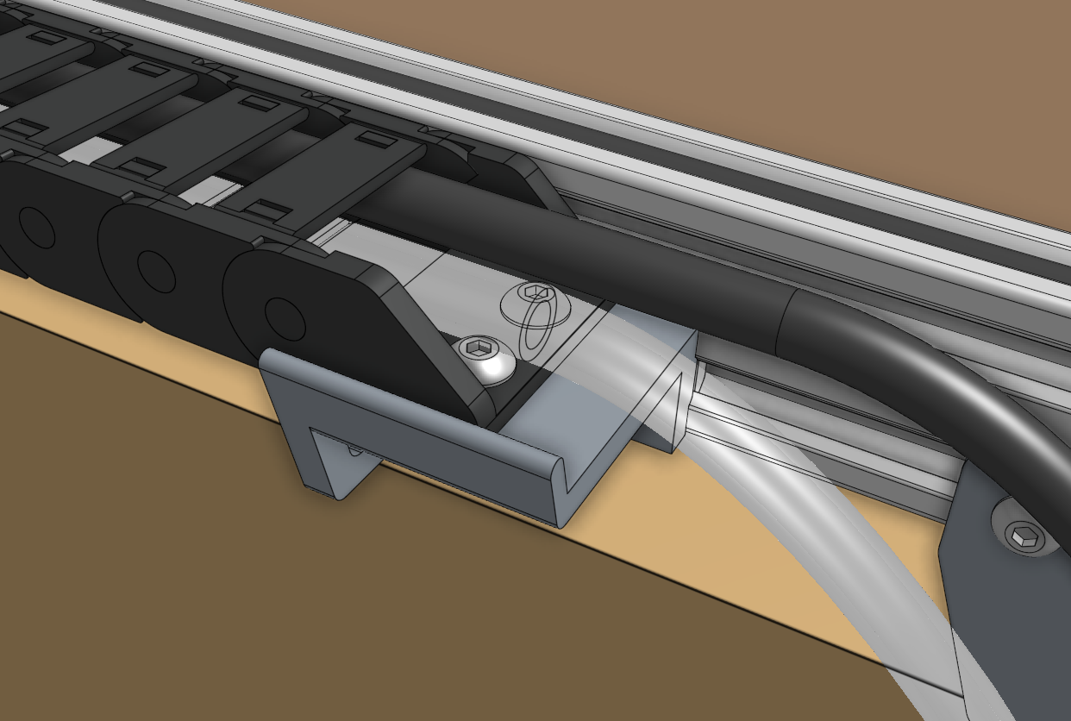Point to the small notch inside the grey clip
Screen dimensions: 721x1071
(x=352, y=449)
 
